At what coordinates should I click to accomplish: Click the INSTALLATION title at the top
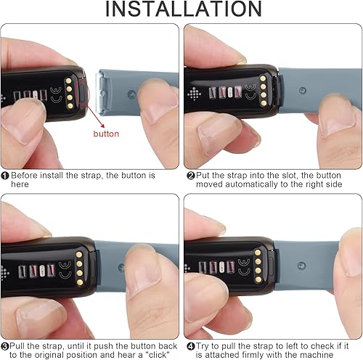pos(181,10)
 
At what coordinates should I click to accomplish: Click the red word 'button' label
pos(106,134)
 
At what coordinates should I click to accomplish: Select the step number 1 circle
pos(5,176)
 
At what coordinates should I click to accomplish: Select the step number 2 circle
pos(191,176)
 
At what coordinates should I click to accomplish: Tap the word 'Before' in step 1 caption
pos(27,176)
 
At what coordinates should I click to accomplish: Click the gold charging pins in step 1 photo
pos(70,91)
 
